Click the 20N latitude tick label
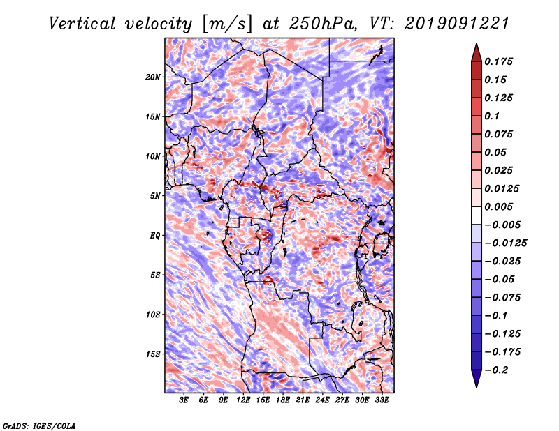point(153,77)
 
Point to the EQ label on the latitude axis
point(154,236)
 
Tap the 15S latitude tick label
point(153,354)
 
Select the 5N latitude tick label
point(155,196)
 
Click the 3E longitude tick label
point(184,400)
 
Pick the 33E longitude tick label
point(382,400)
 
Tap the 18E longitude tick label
point(283,400)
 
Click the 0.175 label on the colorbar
point(498,61)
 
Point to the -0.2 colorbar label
point(496,370)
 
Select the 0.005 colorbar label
point(498,206)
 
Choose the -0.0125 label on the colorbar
point(505,243)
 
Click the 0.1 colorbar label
point(492,116)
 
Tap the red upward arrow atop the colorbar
point(477,53)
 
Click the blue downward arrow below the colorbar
point(477,379)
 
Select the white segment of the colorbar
point(477,215)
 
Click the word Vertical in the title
point(82,24)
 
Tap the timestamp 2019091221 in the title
point(457,24)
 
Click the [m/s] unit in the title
point(227,24)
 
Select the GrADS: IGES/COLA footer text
point(39,425)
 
